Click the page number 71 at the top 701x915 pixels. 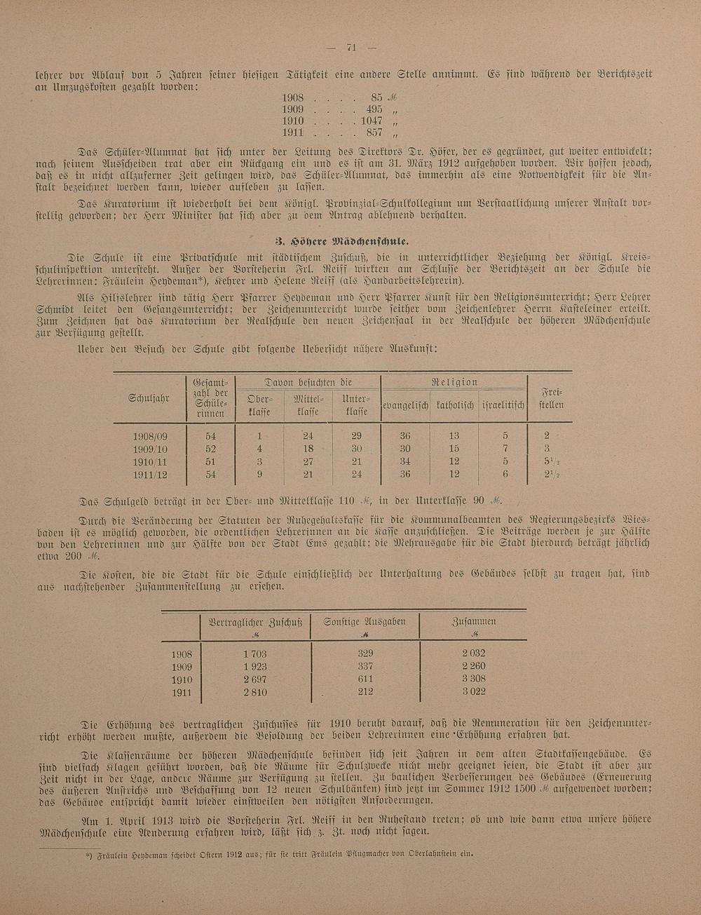tap(352, 48)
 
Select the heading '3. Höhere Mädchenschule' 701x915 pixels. tap(352, 242)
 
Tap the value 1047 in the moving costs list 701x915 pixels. tap(372, 121)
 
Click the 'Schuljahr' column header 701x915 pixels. tap(149, 398)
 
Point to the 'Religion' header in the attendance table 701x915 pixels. tap(454, 382)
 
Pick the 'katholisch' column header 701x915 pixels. tap(455, 405)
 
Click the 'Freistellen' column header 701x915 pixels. tap(550, 398)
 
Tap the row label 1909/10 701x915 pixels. tap(150, 449)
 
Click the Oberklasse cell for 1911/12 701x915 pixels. tap(259, 474)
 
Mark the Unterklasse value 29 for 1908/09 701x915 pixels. tap(356, 435)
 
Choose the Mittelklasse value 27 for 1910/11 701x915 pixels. tap(307, 461)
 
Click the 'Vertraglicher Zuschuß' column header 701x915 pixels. tap(255, 622)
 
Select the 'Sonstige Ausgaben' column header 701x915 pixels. tap(365, 622)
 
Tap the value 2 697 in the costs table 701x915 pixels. tap(254, 679)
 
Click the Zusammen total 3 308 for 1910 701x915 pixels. tap(474, 679)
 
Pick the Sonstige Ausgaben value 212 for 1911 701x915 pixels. tap(365, 691)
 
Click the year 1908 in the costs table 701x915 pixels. tap(182, 653)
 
